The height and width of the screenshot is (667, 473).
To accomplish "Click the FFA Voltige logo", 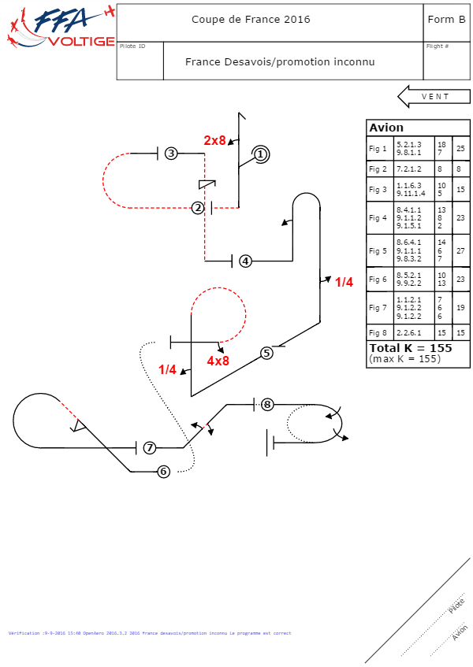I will pyautogui.click(x=59, y=28).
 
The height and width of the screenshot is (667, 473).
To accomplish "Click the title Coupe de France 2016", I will pyautogui.click(x=251, y=20).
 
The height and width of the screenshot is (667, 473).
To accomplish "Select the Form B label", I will pyautogui.click(x=445, y=20).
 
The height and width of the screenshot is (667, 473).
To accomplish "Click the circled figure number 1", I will pyautogui.click(x=261, y=154).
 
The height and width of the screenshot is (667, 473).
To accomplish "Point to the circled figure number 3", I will pyautogui.click(x=171, y=154).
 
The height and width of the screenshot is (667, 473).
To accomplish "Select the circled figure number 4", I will pyautogui.click(x=245, y=261).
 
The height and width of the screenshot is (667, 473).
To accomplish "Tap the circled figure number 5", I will pyautogui.click(x=266, y=353).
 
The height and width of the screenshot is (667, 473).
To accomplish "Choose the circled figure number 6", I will pyautogui.click(x=163, y=472).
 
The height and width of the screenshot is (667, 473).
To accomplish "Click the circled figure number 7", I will pyautogui.click(x=149, y=448).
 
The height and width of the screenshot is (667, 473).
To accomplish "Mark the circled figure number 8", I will pyautogui.click(x=267, y=405).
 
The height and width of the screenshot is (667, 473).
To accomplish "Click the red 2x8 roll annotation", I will pyautogui.click(x=214, y=140).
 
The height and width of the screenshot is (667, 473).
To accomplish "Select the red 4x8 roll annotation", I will pyautogui.click(x=218, y=361).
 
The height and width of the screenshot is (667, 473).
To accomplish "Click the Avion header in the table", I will pyautogui.click(x=386, y=128).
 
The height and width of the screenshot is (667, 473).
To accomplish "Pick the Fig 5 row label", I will pyautogui.click(x=378, y=251).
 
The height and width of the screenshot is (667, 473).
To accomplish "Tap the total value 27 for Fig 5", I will pyautogui.click(x=460, y=251).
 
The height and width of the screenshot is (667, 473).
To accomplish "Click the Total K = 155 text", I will pyautogui.click(x=410, y=347).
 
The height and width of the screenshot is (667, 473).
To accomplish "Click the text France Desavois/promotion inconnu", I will pyautogui.click(x=280, y=61).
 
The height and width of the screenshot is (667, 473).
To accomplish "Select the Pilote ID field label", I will pyautogui.click(x=132, y=46).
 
